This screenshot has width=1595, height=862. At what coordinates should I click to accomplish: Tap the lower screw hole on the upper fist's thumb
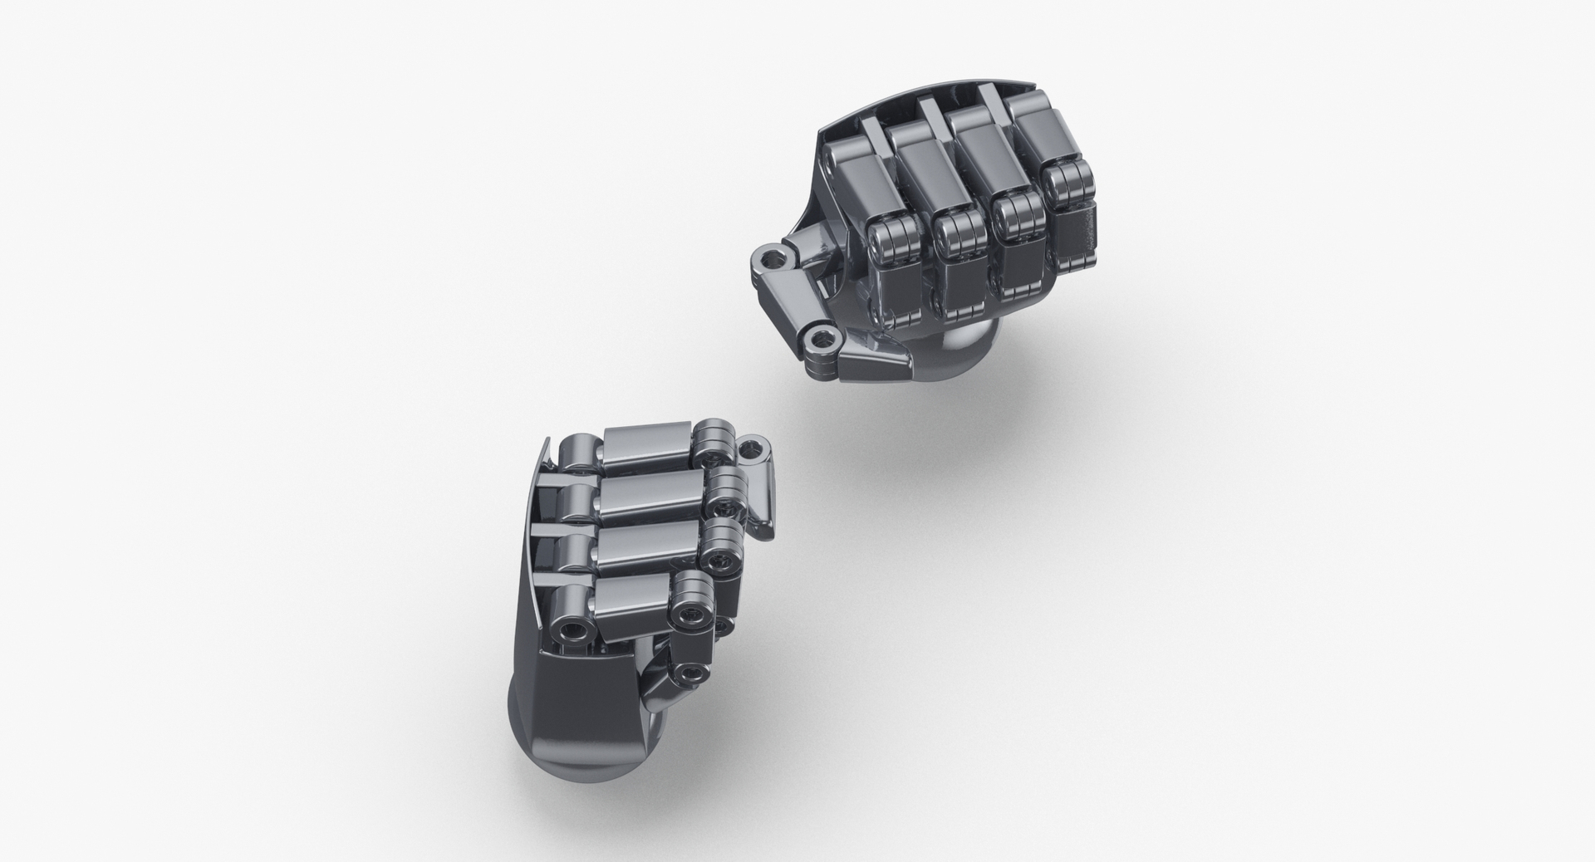pyautogui.click(x=822, y=337)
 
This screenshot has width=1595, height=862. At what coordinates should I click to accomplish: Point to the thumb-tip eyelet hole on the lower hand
pyautogui.click(x=753, y=451)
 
